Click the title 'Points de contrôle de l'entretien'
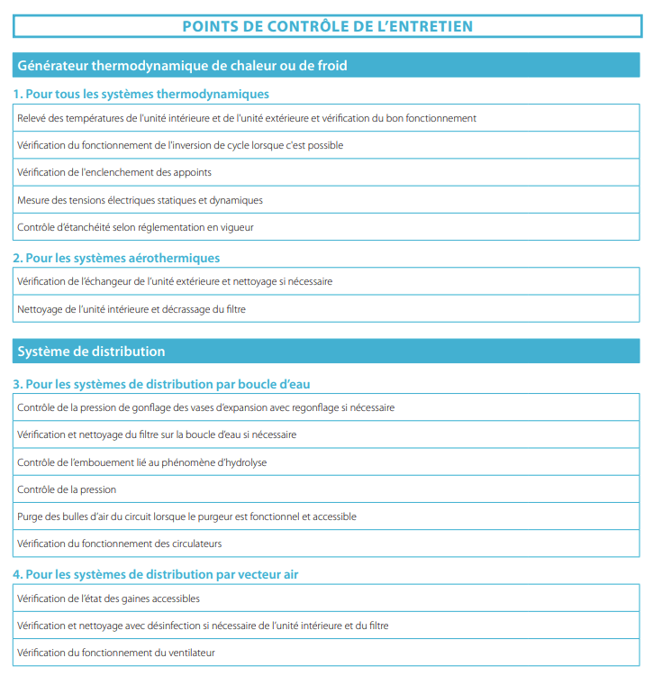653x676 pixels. (327, 25)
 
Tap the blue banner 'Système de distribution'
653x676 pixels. (92, 351)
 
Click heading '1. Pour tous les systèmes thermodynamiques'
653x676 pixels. (141, 94)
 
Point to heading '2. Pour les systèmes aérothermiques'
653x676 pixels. (116, 258)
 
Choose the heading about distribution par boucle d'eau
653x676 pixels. (162, 384)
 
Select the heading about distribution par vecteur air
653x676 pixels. (156, 574)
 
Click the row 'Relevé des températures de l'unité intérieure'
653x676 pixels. (247, 118)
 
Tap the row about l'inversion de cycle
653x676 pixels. (180, 145)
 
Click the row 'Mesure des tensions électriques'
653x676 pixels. (140, 200)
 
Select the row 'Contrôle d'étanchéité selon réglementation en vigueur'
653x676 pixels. (135, 227)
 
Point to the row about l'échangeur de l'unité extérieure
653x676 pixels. (175, 281)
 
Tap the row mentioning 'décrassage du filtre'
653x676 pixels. (132, 309)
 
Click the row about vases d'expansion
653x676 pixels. (205, 407)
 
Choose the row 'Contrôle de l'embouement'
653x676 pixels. (141, 462)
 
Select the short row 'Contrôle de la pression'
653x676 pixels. (67, 489)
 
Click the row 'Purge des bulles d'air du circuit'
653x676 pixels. (186, 516)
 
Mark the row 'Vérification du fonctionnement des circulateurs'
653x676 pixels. (119, 544)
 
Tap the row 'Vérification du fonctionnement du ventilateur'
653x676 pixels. (116, 653)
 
